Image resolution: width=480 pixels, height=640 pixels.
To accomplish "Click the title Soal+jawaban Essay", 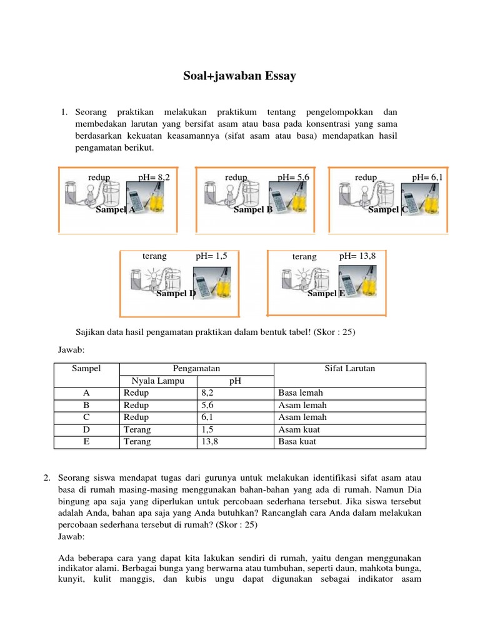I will point(239,77).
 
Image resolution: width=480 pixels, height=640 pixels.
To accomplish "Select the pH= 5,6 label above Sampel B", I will point(294,177).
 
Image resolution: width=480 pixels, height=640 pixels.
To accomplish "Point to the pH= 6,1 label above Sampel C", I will point(427,177).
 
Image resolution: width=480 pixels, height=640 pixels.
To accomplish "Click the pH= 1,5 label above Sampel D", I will point(211,256).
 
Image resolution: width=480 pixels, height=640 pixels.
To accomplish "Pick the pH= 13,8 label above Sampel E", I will point(357,256).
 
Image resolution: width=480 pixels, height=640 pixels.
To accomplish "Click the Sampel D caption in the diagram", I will point(176,293).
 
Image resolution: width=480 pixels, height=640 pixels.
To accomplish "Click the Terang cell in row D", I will point(137,429).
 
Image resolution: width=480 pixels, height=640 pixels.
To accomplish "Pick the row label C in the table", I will point(86,417).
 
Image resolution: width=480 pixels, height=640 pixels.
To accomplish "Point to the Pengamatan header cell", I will point(196,369).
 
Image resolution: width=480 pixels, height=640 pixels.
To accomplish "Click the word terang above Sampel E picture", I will point(304,256).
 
